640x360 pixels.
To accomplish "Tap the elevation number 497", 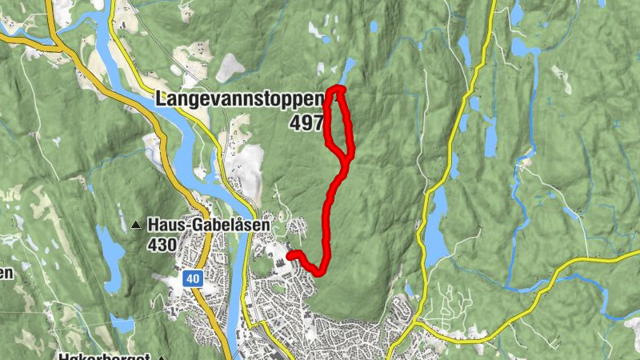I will coord(307,122).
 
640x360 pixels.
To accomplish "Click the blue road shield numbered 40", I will coord(191,278).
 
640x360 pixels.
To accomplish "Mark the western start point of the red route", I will coord(289,255).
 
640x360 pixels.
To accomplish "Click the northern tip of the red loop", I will coord(339,89).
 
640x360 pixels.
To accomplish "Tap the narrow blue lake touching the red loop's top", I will coord(348,68).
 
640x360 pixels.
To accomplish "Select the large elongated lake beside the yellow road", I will coord(434,228).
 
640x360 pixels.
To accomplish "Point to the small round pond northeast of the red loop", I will coord(374,26).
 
